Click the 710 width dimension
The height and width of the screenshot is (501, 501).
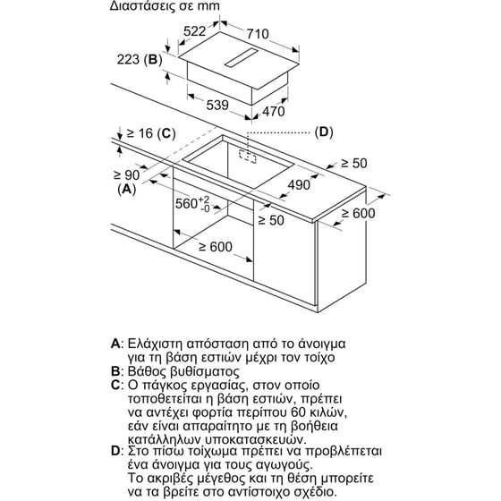258,34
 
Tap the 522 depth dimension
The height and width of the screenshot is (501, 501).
195,31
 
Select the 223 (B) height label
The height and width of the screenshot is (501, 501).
140,59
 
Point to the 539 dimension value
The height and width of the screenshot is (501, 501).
217,105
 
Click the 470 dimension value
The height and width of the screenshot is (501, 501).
274,111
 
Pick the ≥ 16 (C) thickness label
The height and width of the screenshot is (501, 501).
151,133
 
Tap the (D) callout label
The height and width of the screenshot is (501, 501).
324,132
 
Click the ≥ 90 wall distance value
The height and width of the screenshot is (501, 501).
127,174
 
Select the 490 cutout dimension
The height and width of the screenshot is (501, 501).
299,184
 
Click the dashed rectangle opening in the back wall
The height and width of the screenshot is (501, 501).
248,157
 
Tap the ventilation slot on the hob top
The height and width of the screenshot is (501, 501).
242,58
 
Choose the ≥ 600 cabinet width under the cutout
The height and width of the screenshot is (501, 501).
216,247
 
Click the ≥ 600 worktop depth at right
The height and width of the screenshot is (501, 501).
358,213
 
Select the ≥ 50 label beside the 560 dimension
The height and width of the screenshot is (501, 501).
271,220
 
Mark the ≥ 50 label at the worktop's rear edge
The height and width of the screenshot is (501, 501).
354,163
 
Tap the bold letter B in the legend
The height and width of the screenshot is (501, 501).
115,371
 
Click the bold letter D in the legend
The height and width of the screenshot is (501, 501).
115,451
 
